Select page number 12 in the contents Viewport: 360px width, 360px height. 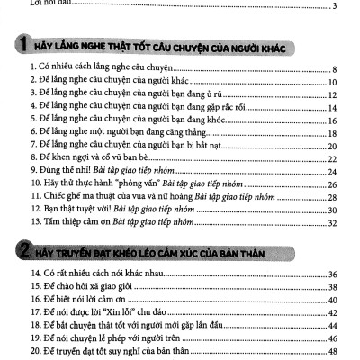pos(331,94)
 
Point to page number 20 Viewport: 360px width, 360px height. pos(331,145)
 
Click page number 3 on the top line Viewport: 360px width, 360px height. pos(334,7)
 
